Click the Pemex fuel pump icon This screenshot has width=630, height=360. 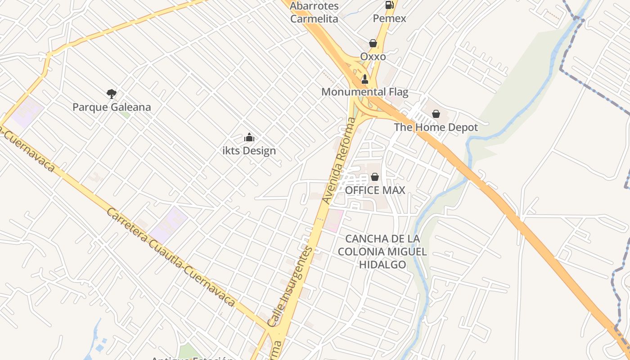pos(389,5)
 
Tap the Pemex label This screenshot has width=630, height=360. pos(389,18)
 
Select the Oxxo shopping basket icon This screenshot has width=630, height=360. pos(373,43)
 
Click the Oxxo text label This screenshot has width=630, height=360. pos(373,57)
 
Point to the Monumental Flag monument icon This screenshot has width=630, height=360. pos(365,79)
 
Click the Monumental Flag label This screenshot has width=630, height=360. pos(365,92)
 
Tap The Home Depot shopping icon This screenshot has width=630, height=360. pos(436,114)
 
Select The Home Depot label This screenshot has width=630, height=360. pos(436,127)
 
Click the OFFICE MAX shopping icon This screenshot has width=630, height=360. pos(375,177)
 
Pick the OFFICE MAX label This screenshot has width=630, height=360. pos(375,190)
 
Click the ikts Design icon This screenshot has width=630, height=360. pos(249,137)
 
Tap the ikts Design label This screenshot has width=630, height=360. pos(249,151)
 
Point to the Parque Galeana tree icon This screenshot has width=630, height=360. pos(112,94)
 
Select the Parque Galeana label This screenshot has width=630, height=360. pos(112,107)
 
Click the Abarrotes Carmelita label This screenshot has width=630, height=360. pos(314,12)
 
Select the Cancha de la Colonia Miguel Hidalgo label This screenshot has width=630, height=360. pos(382,251)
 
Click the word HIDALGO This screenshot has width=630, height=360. pos(382,265)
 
